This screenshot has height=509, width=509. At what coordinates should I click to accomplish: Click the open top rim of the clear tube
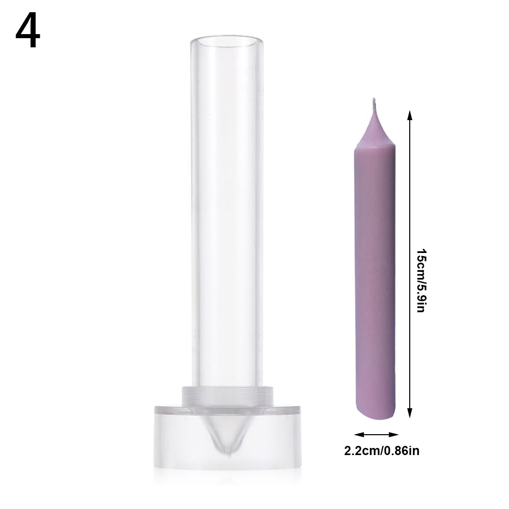click(224, 40)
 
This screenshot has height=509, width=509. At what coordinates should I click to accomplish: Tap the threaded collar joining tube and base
click(225, 394)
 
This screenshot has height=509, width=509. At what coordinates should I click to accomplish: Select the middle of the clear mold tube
click(224, 214)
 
